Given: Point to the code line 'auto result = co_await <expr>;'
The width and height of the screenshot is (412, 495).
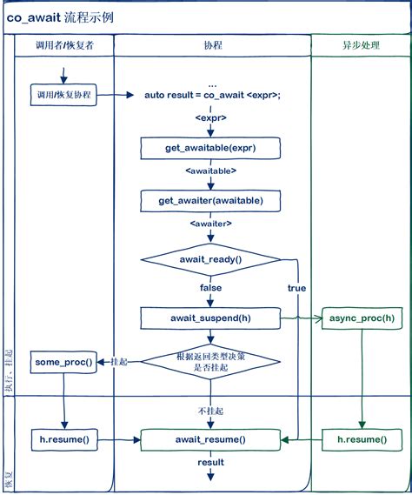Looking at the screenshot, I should (212, 95).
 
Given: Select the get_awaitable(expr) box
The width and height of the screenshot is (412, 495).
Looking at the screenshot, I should (211, 149).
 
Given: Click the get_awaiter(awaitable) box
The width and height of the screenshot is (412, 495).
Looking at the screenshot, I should (211, 201).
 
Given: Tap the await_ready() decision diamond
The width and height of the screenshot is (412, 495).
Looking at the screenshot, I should (211, 259).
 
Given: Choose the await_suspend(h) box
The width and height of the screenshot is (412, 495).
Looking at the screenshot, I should (211, 318).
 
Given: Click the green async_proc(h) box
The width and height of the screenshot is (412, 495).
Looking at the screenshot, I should (361, 318).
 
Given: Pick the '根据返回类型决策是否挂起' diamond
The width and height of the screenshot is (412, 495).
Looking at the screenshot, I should (211, 362).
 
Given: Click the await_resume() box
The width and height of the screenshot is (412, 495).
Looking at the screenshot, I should (211, 439).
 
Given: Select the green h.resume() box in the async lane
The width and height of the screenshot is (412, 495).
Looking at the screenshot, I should (361, 439).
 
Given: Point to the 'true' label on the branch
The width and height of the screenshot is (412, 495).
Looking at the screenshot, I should (296, 288).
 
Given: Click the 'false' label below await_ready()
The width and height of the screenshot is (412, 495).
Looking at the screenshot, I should (211, 288).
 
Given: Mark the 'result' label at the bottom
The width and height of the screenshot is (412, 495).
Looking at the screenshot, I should (211, 463).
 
